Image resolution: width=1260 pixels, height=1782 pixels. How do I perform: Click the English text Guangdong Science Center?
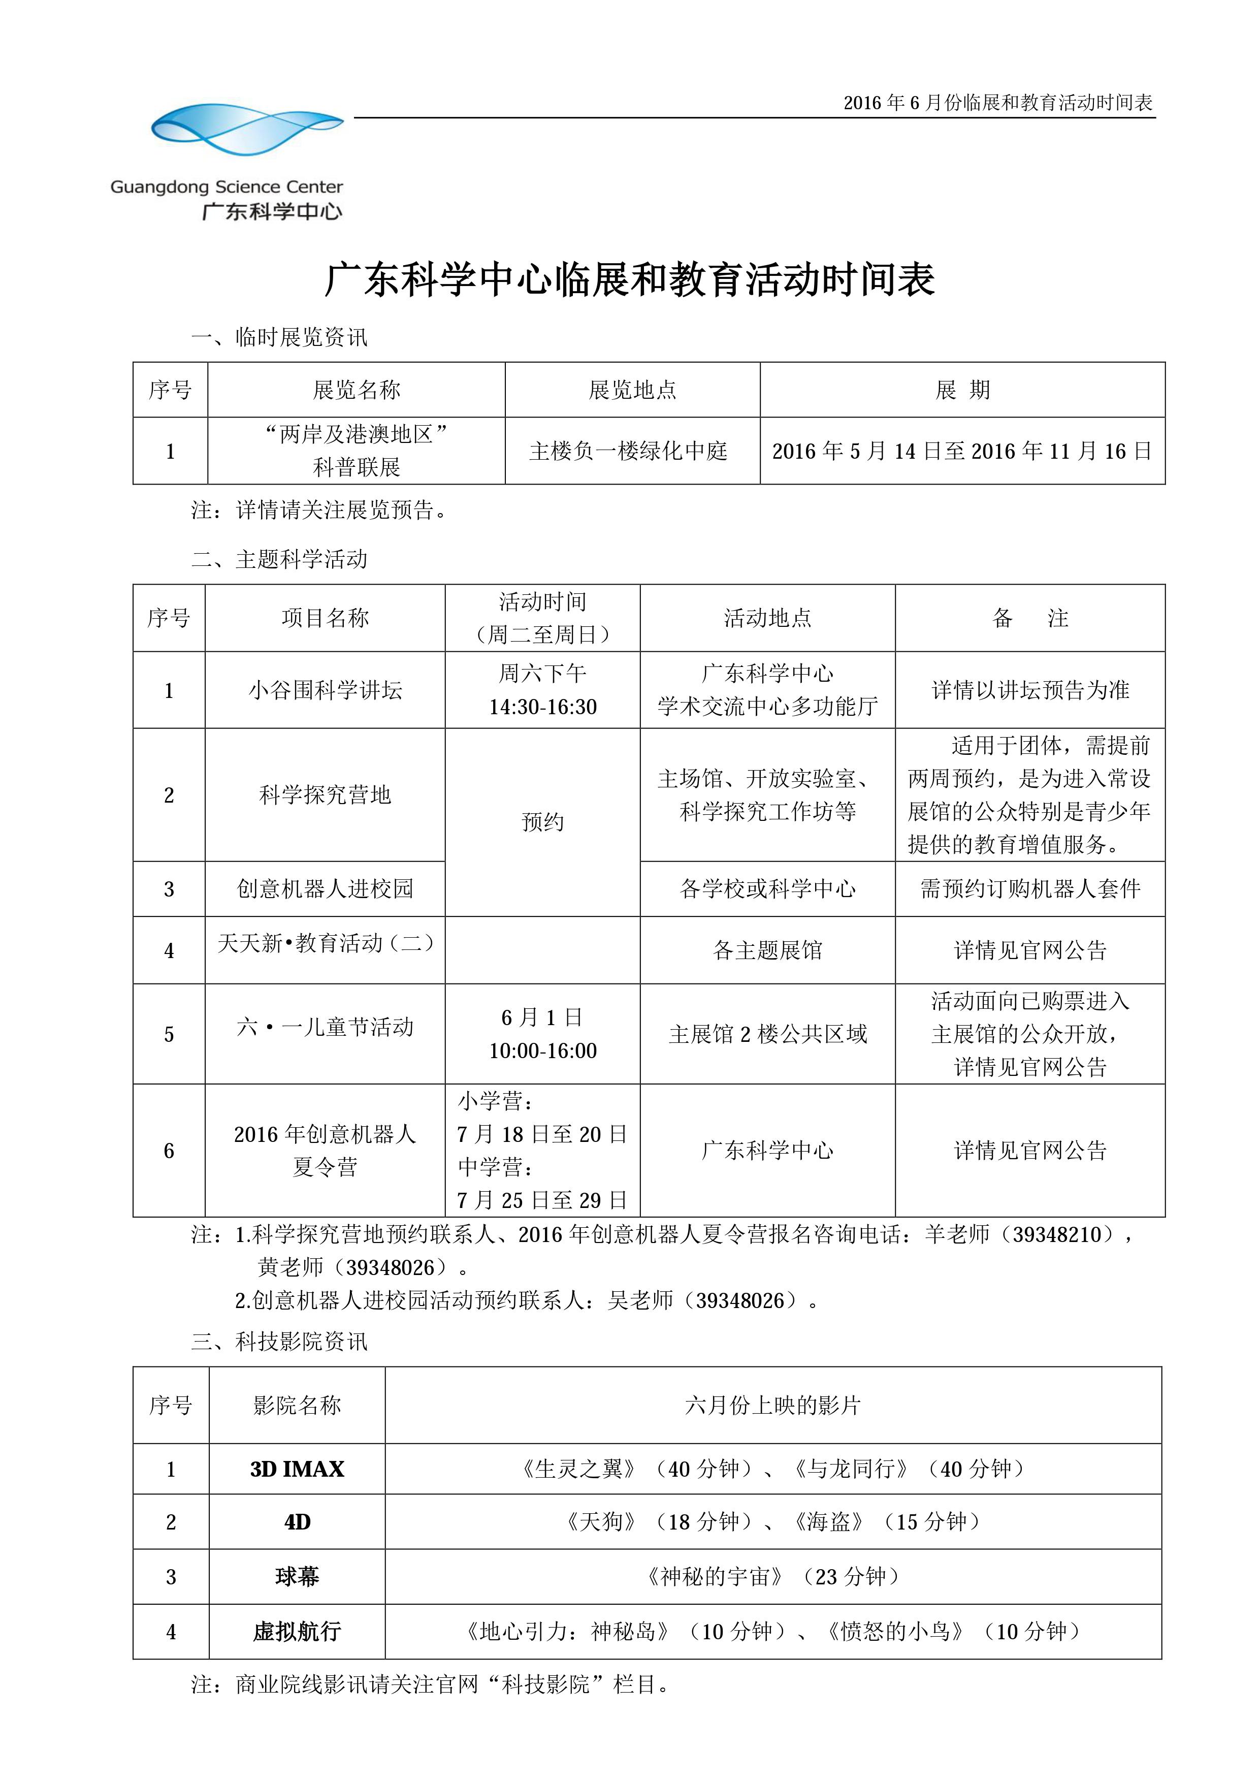226,187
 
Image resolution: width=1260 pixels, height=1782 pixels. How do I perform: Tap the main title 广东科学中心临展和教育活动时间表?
629,279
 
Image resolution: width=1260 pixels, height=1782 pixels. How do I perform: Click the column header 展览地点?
632,390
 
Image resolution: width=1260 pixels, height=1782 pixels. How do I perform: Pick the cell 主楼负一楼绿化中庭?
628,451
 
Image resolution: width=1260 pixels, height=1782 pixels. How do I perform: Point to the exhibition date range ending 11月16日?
961,451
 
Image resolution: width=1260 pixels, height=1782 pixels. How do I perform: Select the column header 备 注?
1029,618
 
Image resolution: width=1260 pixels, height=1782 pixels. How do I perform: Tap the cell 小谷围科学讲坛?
325,690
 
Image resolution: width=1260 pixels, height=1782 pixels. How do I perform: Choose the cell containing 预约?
542,822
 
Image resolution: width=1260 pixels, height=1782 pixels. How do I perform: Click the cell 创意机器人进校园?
325,888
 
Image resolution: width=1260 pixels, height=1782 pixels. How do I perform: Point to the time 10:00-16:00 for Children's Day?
542,1051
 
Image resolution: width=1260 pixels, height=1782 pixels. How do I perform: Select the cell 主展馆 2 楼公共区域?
767,1034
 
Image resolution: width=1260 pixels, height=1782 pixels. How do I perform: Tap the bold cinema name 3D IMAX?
297,1469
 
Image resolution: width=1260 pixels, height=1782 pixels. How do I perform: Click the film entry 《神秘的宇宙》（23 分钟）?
773,1576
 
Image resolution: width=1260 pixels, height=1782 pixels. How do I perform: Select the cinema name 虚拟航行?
297,1632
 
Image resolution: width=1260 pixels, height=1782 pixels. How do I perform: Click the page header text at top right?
998,103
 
